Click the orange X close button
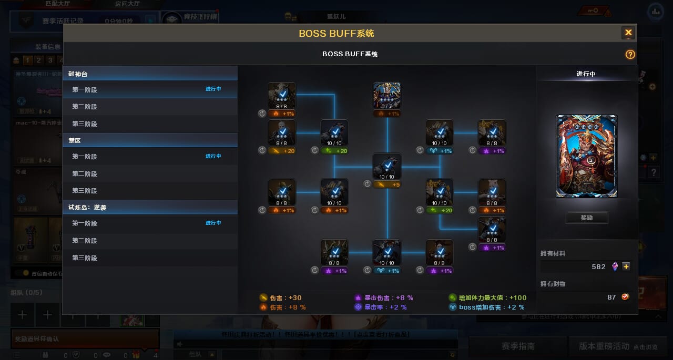coord(628,33)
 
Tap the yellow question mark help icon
coord(630,54)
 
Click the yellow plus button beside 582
coord(626,266)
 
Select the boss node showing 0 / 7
coord(387,96)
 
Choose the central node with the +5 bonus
coord(387,167)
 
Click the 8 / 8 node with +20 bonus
coord(282,133)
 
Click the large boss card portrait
coord(586,156)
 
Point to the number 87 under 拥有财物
coord(611,297)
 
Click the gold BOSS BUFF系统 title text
coord(336,33)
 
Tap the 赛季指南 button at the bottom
coord(518,346)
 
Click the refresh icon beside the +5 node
coord(367,184)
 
